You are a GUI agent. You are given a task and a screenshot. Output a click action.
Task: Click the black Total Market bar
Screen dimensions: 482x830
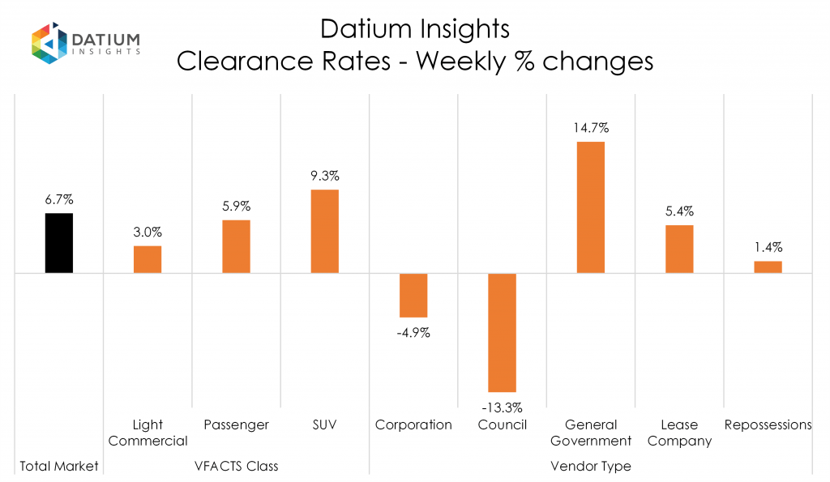pyautogui.click(x=59, y=243)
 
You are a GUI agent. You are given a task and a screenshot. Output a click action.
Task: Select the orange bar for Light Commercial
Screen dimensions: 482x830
pyautogui.click(x=148, y=259)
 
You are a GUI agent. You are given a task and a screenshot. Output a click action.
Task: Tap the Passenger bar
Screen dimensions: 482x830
pyautogui.click(x=236, y=246)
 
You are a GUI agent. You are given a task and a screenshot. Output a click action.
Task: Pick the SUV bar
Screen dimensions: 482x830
pyautogui.click(x=324, y=231)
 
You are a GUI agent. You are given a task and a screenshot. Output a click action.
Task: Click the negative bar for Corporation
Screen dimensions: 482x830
pyautogui.click(x=413, y=295)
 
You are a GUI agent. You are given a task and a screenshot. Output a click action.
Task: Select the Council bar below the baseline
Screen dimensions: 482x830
pyautogui.click(x=502, y=332)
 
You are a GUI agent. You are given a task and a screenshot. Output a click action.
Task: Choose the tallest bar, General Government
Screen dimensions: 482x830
pyautogui.click(x=590, y=207)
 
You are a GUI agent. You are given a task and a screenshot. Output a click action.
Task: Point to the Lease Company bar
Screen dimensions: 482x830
pyautogui.click(x=679, y=249)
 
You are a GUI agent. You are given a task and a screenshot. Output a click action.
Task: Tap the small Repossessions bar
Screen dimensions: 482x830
pyautogui.click(x=768, y=267)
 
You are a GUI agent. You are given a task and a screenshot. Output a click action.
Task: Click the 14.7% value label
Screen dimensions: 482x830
pyautogui.click(x=590, y=127)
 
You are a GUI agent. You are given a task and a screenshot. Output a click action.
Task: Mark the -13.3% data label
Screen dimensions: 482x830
pyautogui.click(x=502, y=407)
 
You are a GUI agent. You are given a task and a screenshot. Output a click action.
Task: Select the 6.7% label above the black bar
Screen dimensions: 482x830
pyautogui.click(x=59, y=198)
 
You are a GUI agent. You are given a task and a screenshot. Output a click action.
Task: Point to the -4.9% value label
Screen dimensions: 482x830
pyautogui.click(x=413, y=332)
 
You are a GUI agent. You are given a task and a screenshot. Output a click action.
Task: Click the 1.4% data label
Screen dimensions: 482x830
pyautogui.click(x=768, y=247)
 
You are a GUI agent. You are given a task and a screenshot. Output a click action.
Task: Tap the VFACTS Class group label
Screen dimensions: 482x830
pyautogui.click(x=236, y=467)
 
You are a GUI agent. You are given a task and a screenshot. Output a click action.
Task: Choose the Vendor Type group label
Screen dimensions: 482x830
pyautogui.click(x=590, y=467)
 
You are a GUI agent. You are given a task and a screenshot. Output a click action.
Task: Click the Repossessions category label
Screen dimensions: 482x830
pyautogui.click(x=768, y=424)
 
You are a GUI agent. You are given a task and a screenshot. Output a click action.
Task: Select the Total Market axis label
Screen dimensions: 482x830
pyautogui.click(x=59, y=467)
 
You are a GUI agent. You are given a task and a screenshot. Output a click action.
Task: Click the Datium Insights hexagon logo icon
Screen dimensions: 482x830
pyautogui.click(x=48, y=42)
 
